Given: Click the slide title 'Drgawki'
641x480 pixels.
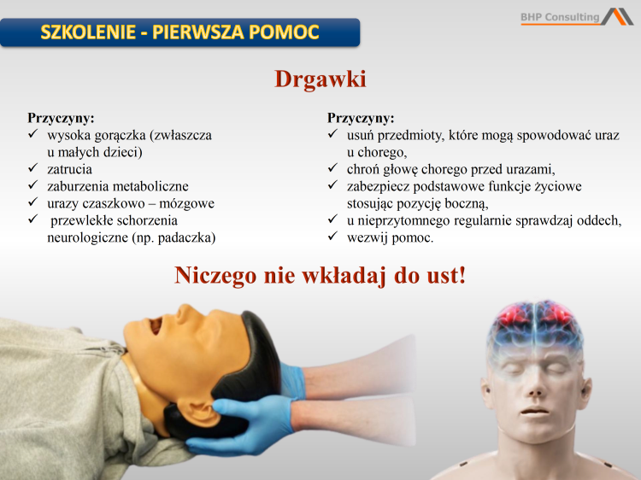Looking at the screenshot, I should pos(320,79).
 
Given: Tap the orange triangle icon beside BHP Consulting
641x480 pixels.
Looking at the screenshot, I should pos(617,16).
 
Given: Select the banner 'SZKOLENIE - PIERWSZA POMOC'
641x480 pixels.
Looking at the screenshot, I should pos(179,33).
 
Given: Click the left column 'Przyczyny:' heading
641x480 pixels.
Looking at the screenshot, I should pos(61,118).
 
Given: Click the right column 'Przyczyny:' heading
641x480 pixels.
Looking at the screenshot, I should pos(361,118).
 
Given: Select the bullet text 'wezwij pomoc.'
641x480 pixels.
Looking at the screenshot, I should pos(390,237).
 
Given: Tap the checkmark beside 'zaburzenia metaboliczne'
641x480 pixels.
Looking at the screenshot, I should pos(32,186).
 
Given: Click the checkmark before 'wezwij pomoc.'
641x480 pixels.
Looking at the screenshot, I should pos(332,237).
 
